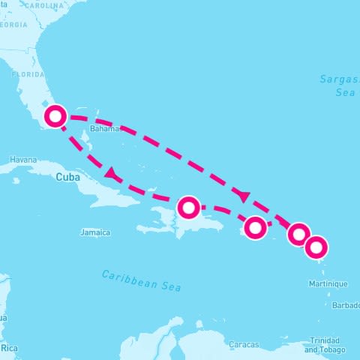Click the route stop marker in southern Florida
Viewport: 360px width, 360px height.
pyautogui.click(x=55, y=116)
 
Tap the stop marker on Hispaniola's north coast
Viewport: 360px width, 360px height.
pyautogui.click(x=188, y=206)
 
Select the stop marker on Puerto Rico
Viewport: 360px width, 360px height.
pyautogui.click(x=256, y=226)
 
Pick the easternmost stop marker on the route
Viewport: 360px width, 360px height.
pyautogui.click(x=316, y=246)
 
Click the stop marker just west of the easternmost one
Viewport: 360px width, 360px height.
pyautogui.click(x=298, y=234)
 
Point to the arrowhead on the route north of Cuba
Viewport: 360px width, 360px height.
pyautogui.click(x=112, y=174)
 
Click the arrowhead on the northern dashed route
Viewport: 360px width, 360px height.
pyautogui.click(x=242, y=195)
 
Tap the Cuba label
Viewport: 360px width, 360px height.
pyautogui.click(x=67, y=177)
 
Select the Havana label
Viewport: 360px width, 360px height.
pyautogui.click(x=23, y=160)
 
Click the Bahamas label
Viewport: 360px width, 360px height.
pyautogui.click(x=104, y=129)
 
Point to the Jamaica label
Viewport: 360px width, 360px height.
pyautogui.click(x=95, y=232)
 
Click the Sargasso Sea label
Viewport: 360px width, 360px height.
pyautogui.click(x=337, y=85)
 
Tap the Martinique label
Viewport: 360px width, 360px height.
pyautogui.click(x=328, y=283)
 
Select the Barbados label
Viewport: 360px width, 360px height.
pyautogui.click(x=346, y=305)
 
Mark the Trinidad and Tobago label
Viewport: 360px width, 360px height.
pyautogui.click(x=325, y=344)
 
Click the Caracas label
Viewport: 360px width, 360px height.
pyautogui.click(x=244, y=343)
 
